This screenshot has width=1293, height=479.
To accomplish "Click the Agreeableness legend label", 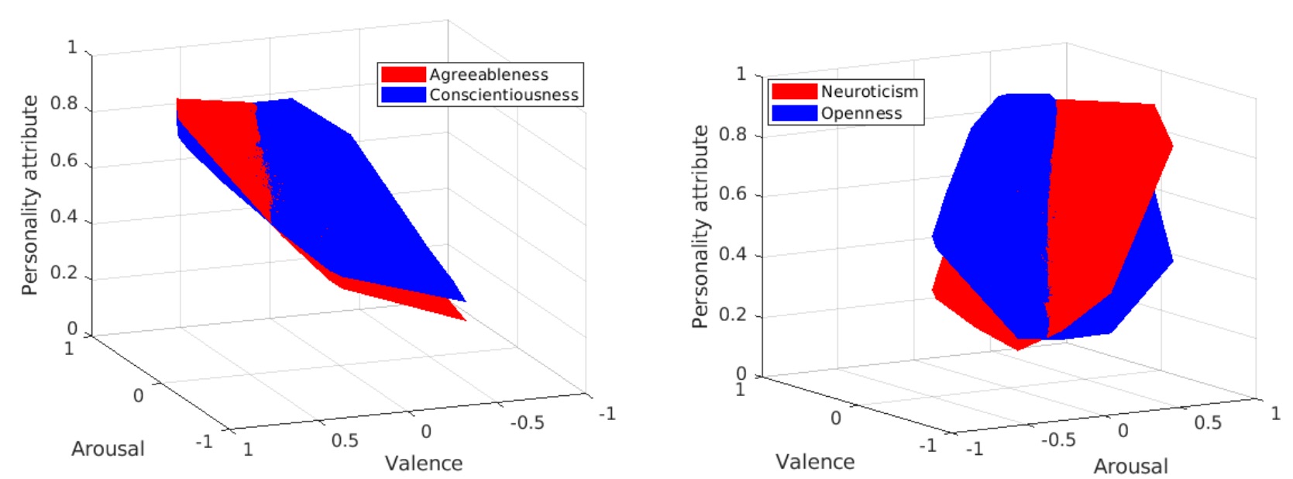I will click(x=489, y=74).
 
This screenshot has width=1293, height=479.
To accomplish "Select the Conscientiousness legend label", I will click(x=504, y=95).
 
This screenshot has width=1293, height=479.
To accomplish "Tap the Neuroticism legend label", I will click(x=869, y=91).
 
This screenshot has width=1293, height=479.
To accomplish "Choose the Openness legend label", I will click(x=861, y=113).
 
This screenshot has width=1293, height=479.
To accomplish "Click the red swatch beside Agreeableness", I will click(x=403, y=74).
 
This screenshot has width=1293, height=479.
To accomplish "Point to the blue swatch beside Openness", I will click(x=794, y=113).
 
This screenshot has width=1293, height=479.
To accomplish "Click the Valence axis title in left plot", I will click(x=424, y=463).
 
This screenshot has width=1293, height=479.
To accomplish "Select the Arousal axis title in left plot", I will click(x=108, y=449).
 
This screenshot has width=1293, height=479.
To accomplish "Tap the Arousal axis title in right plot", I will click(x=1130, y=467).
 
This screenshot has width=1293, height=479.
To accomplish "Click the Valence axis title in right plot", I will click(x=815, y=462).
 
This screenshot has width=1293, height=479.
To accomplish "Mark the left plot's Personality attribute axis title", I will click(x=29, y=195).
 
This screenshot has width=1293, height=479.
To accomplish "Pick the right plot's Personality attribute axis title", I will click(x=700, y=226).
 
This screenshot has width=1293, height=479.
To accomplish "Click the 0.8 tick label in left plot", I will click(x=64, y=104).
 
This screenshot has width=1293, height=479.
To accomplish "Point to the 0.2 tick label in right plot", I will click(x=732, y=315).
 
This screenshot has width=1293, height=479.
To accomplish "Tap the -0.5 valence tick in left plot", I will click(x=527, y=422).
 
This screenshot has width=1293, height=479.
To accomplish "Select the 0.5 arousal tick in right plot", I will click(x=1207, y=422).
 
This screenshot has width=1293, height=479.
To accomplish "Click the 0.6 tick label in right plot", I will click(x=732, y=194).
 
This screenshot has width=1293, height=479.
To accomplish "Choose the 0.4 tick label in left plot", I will click(x=64, y=216).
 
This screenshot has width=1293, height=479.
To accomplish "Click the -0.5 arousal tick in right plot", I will click(x=1057, y=440).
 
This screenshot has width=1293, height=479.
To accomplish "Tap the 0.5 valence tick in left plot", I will click(x=345, y=440).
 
